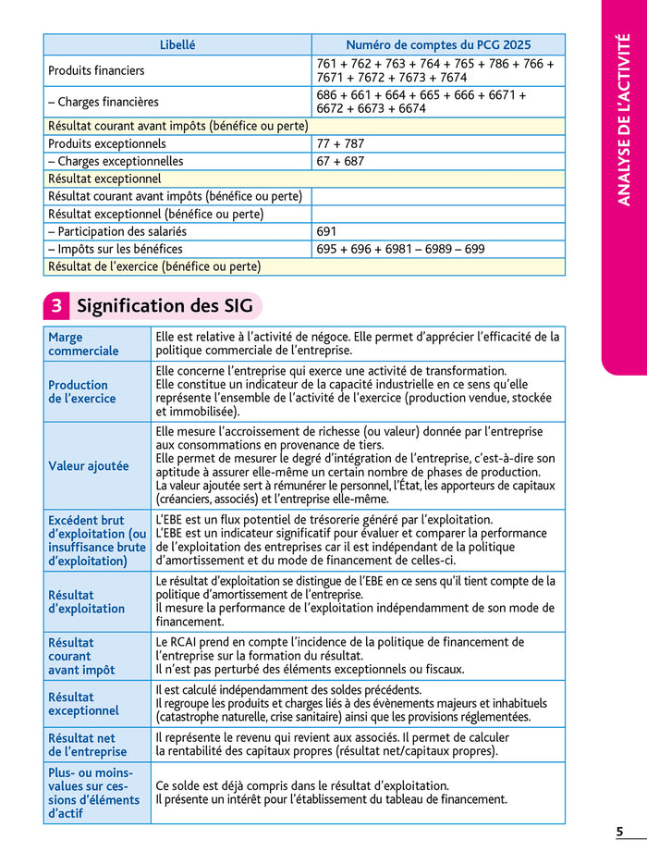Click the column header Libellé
177,44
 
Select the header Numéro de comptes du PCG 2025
438,44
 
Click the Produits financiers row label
96,70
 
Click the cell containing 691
326,231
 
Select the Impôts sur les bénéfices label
116,249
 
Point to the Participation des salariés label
116,231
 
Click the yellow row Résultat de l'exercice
154,266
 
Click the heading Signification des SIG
165,306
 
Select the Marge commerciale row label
83,344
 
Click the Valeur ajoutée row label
89,466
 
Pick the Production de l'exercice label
82,391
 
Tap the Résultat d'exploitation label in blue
86,602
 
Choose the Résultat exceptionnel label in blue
83,704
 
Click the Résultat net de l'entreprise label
88,745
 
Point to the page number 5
619,832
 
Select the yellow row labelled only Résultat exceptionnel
104,179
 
